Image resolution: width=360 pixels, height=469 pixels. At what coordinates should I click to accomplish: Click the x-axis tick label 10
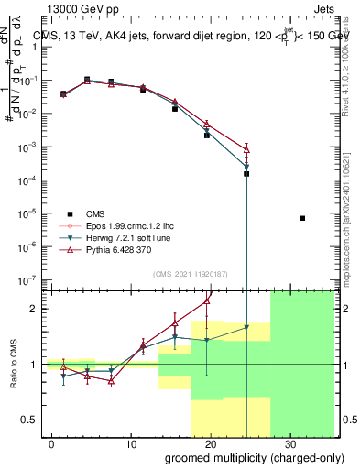[x=130, y=442]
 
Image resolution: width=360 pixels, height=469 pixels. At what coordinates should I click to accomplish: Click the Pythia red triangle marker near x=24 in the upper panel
[x=246, y=148]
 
